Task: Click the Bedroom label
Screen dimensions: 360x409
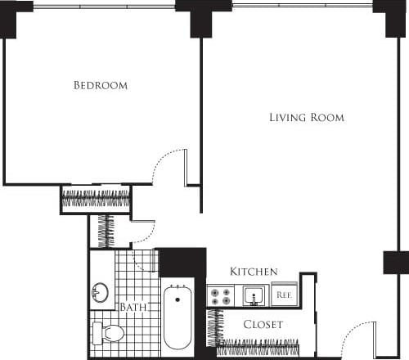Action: [100, 85]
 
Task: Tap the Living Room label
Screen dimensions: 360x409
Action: [307, 118]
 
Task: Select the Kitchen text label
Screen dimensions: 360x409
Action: [254, 272]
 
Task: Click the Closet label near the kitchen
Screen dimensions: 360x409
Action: [263, 325]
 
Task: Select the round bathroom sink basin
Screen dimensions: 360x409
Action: [101, 293]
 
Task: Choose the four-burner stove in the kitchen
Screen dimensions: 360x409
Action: [219, 295]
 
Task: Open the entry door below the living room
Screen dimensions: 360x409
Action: [357, 340]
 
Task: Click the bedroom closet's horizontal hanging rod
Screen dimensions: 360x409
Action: [96, 199]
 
